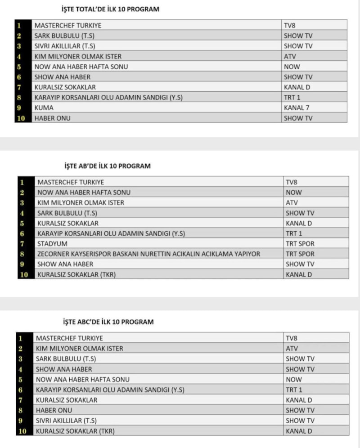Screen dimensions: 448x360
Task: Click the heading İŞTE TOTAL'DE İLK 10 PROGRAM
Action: tap(110, 9)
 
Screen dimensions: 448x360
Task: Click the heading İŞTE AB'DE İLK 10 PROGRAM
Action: tap(106, 166)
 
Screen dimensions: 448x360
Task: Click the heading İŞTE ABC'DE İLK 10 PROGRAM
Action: tap(108, 322)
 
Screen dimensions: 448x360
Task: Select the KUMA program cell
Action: tap(44, 108)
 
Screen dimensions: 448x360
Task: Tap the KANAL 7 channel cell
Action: tap(297, 108)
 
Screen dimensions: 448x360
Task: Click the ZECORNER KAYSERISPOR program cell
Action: tap(148, 254)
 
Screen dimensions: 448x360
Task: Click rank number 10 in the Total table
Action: tap(23, 118)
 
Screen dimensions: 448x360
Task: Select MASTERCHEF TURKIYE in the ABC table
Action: tap(69, 338)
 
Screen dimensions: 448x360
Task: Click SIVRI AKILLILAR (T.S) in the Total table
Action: tap(64, 46)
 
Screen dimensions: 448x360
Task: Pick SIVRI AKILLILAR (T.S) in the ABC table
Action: tap(66, 421)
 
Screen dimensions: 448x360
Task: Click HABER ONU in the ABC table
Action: tap(54, 410)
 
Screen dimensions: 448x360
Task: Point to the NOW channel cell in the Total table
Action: tap(292, 67)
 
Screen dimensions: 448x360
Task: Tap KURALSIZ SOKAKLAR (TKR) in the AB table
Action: tap(76, 274)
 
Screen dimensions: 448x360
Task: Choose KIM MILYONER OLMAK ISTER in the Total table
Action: tap(78, 56)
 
